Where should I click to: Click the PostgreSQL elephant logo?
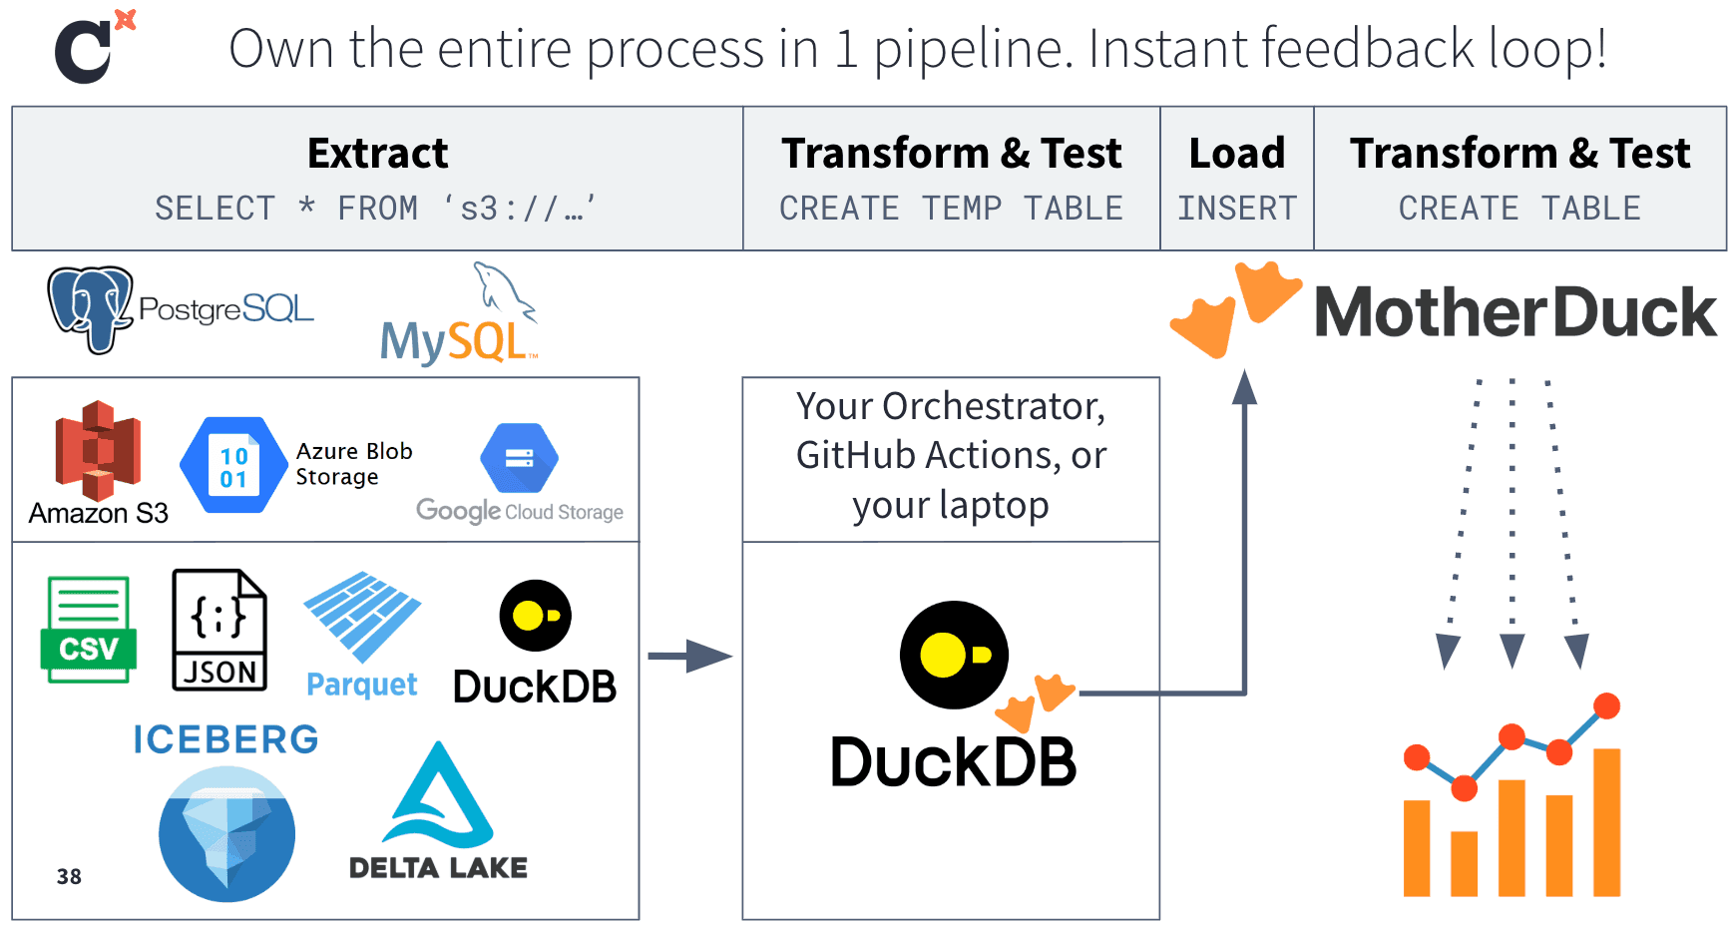click(x=90, y=308)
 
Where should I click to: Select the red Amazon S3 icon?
click(x=98, y=451)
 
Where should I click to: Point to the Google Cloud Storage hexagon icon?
click(x=519, y=458)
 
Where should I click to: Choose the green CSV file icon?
click(x=89, y=629)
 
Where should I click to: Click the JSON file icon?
click(x=219, y=630)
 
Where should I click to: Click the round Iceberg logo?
click(x=226, y=833)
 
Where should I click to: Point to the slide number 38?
click(x=69, y=876)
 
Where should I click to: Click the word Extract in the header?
click(x=377, y=154)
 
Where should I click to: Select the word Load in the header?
click(x=1236, y=154)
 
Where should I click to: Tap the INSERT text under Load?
click(x=1236, y=208)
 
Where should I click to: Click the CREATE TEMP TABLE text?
click(x=951, y=208)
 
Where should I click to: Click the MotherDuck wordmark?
click(x=1515, y=312)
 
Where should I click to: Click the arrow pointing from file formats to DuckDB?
click(x=689, y=656)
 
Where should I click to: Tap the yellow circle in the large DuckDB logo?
click(x=943, y=655)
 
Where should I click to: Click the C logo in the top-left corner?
click(x=84, y=52)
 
